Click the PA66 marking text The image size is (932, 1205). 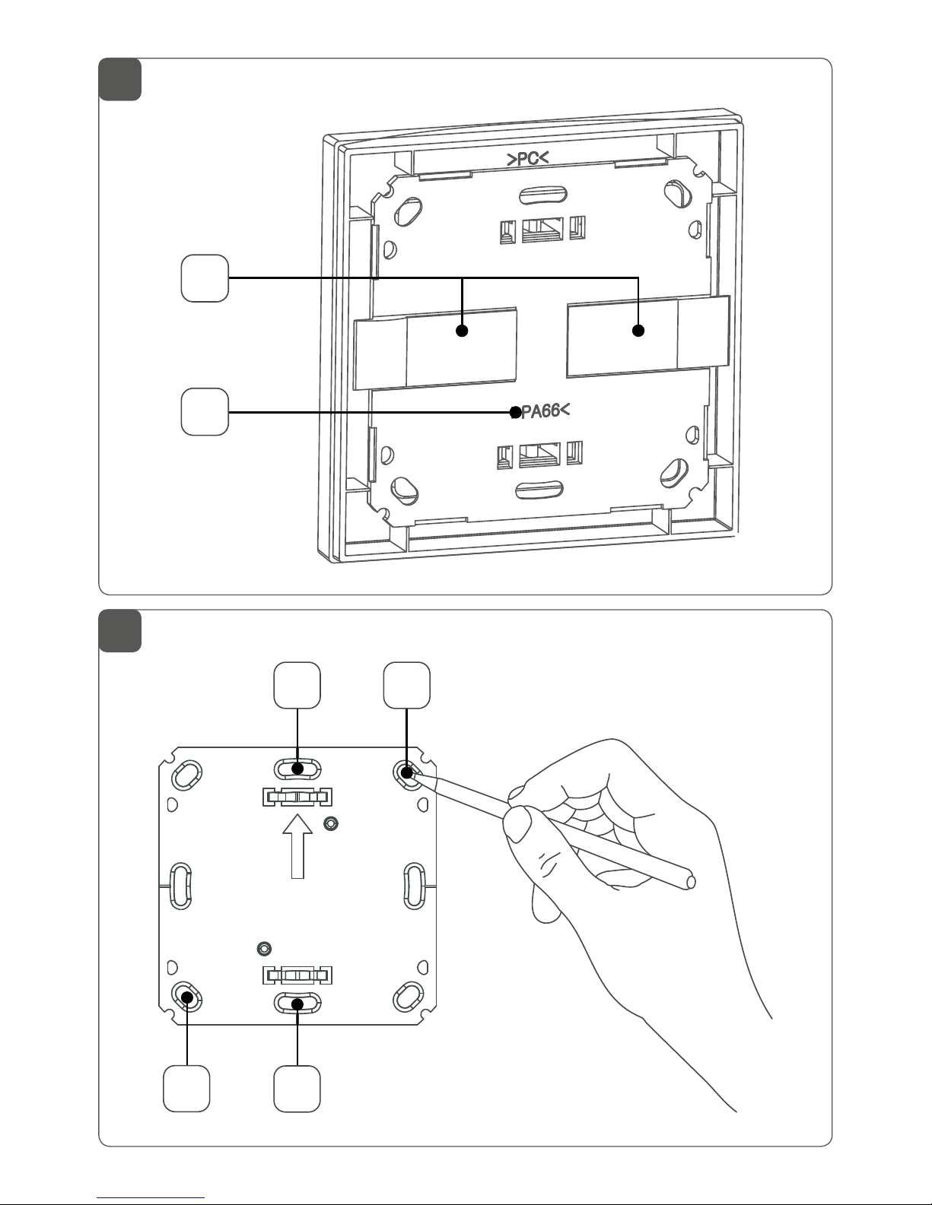click(542, 411)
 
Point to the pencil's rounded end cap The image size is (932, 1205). click(691, 882)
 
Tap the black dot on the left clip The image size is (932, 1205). click(461, 331)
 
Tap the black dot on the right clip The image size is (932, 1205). click(638, 331)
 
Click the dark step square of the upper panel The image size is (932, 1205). click(120, 79)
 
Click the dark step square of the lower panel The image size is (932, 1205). click(120, 630)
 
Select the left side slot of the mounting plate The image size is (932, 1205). click(181, 885)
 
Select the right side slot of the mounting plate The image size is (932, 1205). click(415, 885)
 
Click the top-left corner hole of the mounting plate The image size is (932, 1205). click(187, 775)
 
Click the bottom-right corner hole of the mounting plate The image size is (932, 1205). click(409, 995)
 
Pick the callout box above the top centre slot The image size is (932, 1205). click(297, 685)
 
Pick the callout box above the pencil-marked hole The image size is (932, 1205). click(407, 685)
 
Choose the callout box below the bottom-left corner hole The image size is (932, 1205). click(187, 1089)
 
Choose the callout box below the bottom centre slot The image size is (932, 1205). click(297, 1089)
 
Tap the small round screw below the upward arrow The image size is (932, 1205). click(264, 948)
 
